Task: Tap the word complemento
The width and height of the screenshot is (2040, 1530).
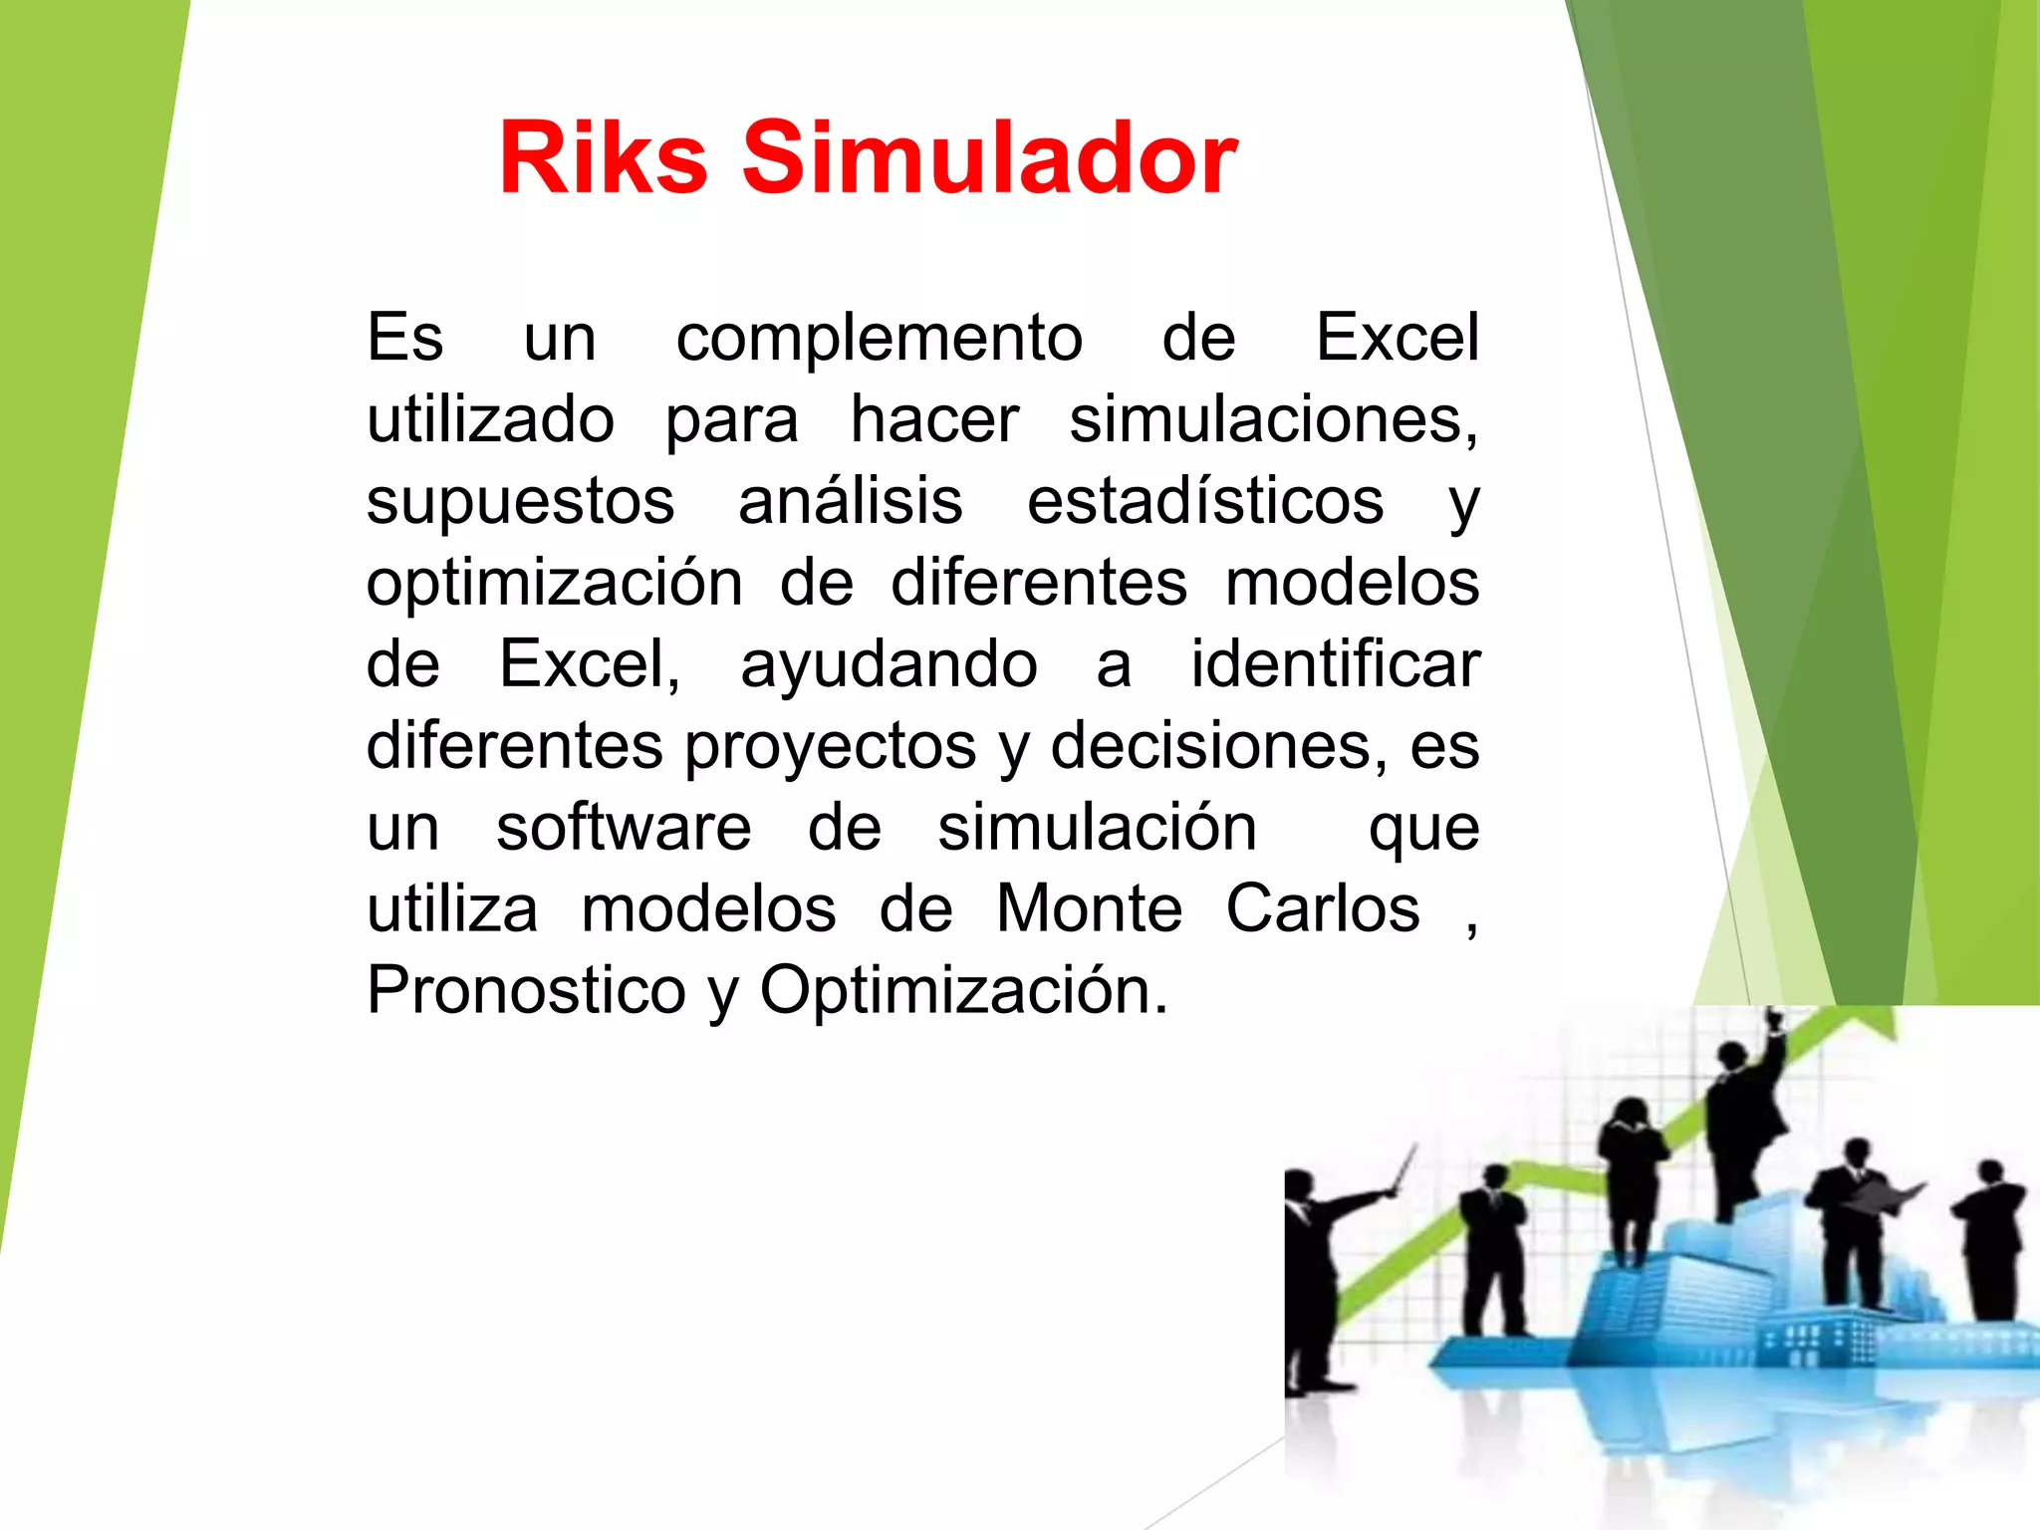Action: [x=879, y=339]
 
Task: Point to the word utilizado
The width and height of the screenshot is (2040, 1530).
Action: [x=490, y=419]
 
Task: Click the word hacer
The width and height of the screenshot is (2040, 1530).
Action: [x=933, y=419]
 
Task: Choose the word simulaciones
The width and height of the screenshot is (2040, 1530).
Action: [x=1273, y=421]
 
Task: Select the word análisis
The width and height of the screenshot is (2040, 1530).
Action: [x=850, y=501]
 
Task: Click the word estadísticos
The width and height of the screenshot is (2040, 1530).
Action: [x=1204, y=501]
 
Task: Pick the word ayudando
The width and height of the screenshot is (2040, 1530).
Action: [x=889, y=666]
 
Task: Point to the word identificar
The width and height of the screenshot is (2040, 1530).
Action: [x=1335, y=664]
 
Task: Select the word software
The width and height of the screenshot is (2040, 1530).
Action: [x=624, y=828]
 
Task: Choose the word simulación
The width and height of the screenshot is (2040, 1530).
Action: [x=1097, y=828]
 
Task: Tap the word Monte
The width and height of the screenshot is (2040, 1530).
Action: [x=1089, y=909]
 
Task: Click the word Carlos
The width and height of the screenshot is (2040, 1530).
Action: [x=1322, y=909]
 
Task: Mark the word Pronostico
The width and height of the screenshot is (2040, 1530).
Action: [x=526, y=991]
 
